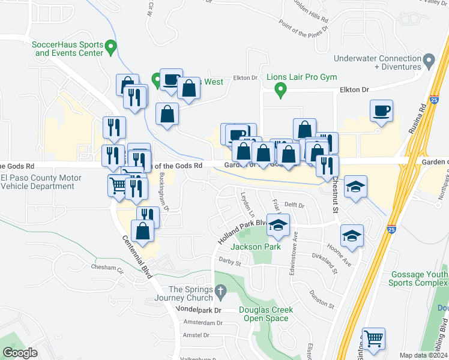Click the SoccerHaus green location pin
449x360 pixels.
pos(110,46)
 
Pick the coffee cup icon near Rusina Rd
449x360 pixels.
pos(381,111)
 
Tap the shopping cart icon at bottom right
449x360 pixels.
pos(374,339)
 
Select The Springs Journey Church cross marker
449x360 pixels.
pos(220,293)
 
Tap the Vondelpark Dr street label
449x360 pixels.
pos(198,310)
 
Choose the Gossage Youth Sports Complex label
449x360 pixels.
pos(420,278)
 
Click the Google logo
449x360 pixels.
pos(20,352)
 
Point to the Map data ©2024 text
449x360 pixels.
pos(423,355)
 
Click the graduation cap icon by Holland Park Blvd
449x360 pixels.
pos(277,225)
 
